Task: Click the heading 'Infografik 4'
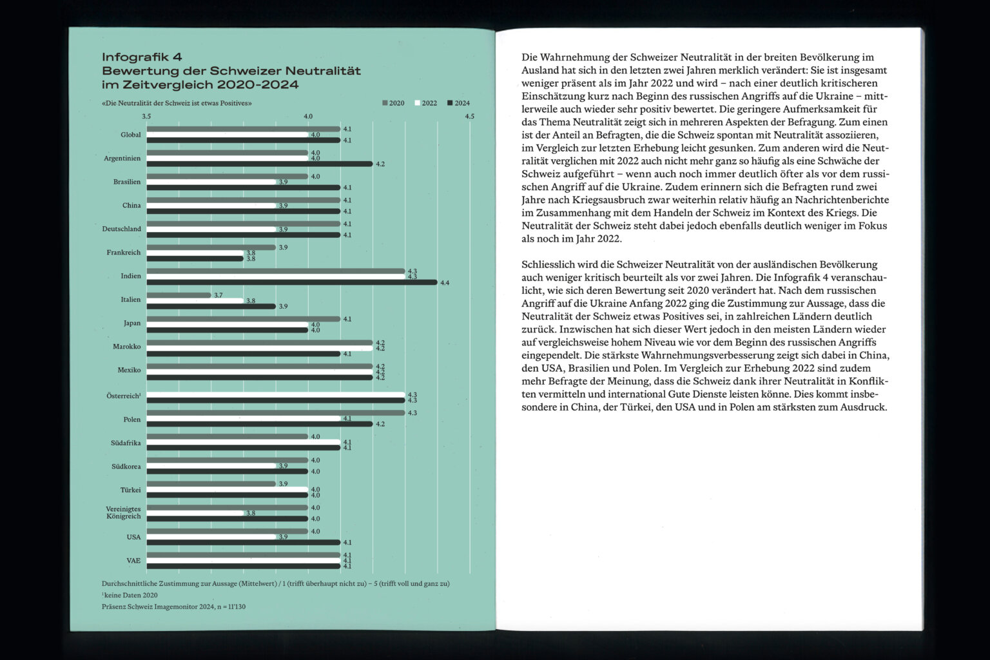(x=142, y=57)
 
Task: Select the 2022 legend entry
(x=426, y=103)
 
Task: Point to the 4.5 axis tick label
(x=469, y=117)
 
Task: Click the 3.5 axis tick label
(x=147, y=117)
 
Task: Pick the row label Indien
(x=131, y=276)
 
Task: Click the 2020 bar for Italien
(x=179, y=295)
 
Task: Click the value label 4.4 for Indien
(x=445, y=283)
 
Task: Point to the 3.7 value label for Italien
(x=218, y=295)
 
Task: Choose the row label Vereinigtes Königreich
(x=123, y=512)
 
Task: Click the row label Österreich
(x=123, y=396)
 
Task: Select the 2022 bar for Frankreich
(x=195, y=253)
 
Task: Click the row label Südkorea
(x=126, y=466)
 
